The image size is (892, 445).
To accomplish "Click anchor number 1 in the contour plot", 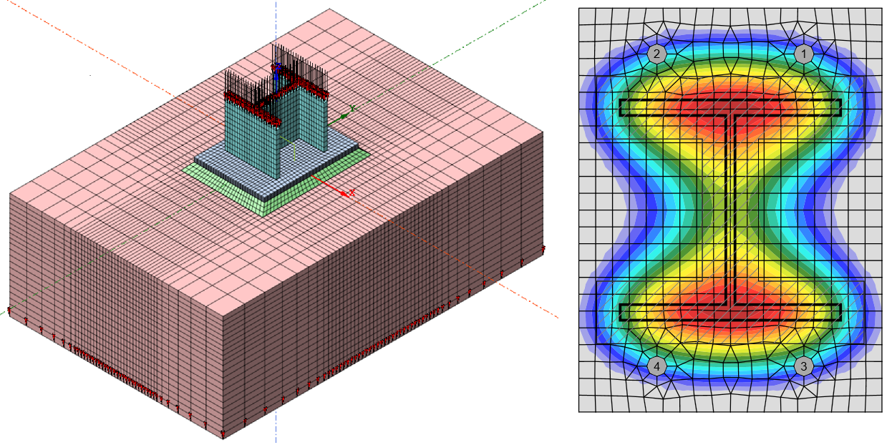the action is pos(804,54).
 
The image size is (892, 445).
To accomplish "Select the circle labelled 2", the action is pos(656,54).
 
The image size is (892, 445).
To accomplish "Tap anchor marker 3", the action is pos(804,366).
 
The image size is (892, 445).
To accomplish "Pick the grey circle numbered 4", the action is pos(656,366).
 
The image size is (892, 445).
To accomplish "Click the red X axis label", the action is pos(352,193).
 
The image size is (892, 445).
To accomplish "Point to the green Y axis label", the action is pos(352,108).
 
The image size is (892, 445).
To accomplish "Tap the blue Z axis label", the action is pos(278,67).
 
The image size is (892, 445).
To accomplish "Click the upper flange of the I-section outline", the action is pos(730,107).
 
